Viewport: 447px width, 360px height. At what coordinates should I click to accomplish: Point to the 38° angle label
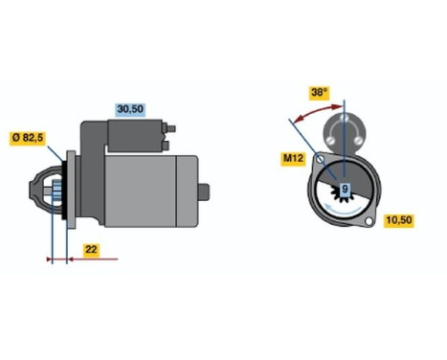320,93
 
